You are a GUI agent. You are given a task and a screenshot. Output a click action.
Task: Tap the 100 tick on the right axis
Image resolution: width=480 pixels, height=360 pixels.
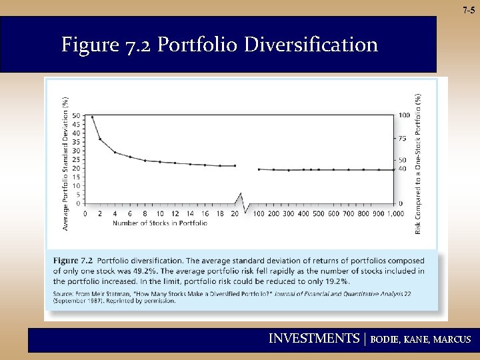[404, 115]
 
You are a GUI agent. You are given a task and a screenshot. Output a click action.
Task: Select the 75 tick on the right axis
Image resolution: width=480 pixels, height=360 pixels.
[403, 139]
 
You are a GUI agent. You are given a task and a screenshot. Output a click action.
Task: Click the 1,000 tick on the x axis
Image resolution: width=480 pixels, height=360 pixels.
[394, 213]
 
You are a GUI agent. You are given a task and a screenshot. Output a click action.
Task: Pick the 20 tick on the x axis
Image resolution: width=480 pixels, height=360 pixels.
[235, 213]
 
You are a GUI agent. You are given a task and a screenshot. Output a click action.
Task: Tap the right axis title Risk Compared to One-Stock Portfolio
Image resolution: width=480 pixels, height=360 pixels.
[419, 164]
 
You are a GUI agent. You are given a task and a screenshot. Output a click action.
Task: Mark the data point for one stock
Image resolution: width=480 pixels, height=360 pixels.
[92, 117]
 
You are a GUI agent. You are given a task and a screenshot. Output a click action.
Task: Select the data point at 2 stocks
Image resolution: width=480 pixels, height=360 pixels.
[100, 139]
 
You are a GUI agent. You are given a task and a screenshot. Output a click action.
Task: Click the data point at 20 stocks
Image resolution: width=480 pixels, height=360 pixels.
[235, 166]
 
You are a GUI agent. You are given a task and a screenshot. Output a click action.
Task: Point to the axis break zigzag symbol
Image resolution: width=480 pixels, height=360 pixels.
[241, 201]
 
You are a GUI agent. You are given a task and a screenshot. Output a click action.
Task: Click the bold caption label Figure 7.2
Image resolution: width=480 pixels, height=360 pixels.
[73, 261]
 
